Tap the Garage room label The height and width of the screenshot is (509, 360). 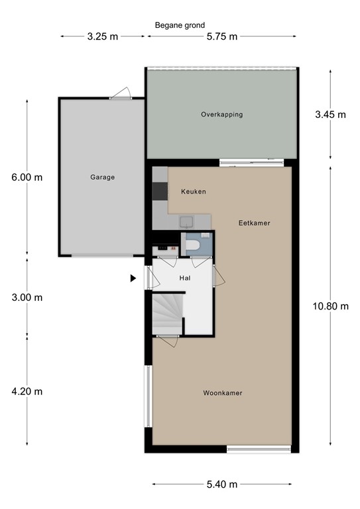pyautogui.click(x=103, y=177)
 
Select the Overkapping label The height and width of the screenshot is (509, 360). pyautogui.click(x=221, y=115)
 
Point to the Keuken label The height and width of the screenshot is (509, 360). pyautogui.click(x=194, y=192)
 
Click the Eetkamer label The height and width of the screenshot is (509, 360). pyautogui.click(x=255, y=223)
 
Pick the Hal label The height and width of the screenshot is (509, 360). pyautogui.click(x=185, y=278)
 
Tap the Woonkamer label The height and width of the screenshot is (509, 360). pyautogui.click(x=222, y=393)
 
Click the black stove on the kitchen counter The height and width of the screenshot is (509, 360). pyautogui.click(x=160, y=191)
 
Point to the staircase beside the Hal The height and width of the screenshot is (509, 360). pyautogui.click(x=167, y=314)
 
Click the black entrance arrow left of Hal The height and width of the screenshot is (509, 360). pyautogui.click(x=133, y=278)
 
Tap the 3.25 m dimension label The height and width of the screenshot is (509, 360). pyautogui.click(x=102, y=36)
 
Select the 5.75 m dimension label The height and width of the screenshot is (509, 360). pyautogui.click(x=221, y=36)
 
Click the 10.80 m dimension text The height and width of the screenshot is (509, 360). pyautogui.click(x=330, y=306)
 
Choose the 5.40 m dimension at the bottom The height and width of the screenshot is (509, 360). pyautogui.click(x=221, y=484)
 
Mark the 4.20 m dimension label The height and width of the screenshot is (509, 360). pyautogui.click(x=27, y=391)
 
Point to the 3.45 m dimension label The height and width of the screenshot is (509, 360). pyautogui.click(x=330, y=114)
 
